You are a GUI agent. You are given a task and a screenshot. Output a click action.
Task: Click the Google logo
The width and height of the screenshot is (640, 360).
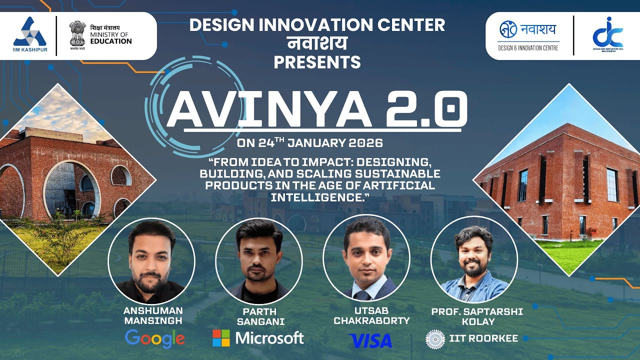point(154,339)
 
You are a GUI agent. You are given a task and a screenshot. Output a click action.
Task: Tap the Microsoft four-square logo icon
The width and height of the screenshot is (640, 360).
point(221,338)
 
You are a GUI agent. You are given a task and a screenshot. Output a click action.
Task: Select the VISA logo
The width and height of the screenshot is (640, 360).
point(370,340)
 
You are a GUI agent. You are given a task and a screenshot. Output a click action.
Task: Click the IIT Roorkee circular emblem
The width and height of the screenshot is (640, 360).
point(434,338)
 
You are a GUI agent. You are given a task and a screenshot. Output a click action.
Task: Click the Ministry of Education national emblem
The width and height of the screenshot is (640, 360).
point(77,33)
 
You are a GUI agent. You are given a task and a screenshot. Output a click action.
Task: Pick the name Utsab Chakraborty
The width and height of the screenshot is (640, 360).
point(371,316)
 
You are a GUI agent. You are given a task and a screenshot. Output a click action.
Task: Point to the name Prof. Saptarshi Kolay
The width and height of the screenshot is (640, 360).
point(477,316)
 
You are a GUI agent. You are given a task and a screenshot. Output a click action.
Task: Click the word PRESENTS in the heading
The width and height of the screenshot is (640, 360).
point(317,62)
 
